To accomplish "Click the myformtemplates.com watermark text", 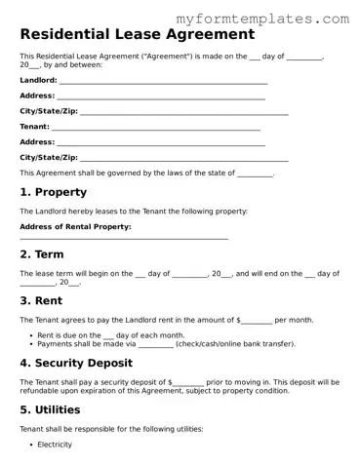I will (277, 19).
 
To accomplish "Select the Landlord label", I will (38, 80).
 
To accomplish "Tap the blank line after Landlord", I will (163, 82).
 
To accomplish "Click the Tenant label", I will (34, 127).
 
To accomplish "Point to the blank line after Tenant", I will (155, 129).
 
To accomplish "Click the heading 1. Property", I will (53, 192).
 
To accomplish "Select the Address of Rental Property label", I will (75, 226).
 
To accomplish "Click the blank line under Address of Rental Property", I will (124, 239).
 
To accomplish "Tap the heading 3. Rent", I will (41, 300).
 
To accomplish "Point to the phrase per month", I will (295, 320).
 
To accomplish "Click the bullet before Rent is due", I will (32, 334).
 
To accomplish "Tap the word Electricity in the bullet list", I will (55, 445).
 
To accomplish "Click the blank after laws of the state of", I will (256, 175).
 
